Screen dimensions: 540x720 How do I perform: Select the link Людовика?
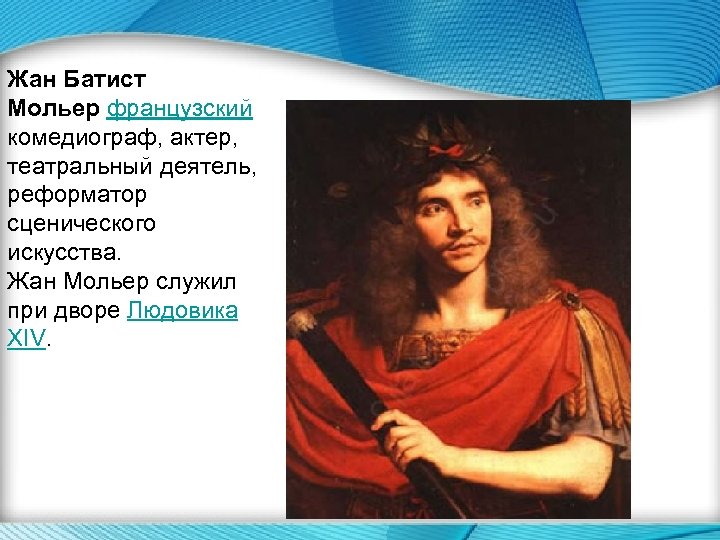tap(183, 310)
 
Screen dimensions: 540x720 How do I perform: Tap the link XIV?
tap(26, 339)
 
